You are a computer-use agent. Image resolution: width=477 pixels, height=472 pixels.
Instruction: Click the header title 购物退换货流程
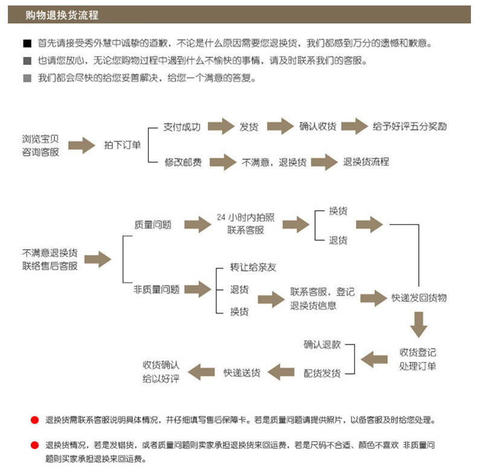click(x=62, y=15)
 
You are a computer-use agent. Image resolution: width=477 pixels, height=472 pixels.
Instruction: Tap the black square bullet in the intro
click(x=27, y=44)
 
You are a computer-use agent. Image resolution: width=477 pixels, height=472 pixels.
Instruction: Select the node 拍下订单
click(x=122, y=145)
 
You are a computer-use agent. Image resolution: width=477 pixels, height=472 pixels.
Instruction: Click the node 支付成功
click(x=182, y=127)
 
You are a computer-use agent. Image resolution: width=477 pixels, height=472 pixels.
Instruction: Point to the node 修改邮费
click(x=183, y=162)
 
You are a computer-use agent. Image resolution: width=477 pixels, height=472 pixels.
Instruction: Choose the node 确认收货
click(x=318, y=127)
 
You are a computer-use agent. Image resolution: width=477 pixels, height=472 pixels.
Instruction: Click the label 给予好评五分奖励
click(x=409, y=127)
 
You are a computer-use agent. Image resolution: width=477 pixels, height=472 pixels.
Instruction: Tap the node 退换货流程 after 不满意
click(x=366, y=162)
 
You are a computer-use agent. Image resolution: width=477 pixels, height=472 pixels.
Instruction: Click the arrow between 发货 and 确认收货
click(x=280, y=127)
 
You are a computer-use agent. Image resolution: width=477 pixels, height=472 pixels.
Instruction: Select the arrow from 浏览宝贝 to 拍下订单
click(x=81, y=145)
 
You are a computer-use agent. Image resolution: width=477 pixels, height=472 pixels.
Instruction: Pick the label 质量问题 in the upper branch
click(x=153, y=225)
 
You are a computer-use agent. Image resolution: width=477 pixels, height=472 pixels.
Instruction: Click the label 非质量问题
click(x=156, y=290)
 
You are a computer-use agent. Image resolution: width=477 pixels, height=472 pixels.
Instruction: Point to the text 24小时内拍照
click(x=245, y=217)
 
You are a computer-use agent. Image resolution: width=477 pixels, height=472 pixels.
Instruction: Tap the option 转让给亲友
click(x=253, y=267)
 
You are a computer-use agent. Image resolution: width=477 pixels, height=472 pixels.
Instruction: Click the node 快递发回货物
click(x=419, y=298)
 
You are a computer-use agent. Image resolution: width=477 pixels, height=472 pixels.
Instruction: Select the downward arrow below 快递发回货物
click(x=418, y=325)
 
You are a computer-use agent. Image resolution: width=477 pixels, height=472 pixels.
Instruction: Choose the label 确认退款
click(x=322, y=345)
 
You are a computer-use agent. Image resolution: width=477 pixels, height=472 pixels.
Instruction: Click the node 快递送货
click(x=242, y=373)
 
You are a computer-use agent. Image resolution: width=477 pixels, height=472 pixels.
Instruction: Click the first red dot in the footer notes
click(x=34, y=420)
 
